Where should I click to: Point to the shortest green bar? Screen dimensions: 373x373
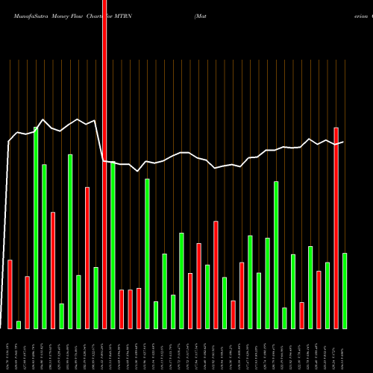(19, 325)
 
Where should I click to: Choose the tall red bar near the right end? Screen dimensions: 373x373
(336, 228)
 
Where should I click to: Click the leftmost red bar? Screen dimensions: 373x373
(10, 294)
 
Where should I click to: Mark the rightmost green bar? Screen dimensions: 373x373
(345, 291)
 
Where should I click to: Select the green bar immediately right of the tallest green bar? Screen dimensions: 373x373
(44, 246)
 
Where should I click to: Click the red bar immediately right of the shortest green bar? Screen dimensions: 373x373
(27, 302)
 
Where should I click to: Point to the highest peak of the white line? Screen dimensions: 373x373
(44, 119)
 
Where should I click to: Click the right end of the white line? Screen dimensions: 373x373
(343, 142)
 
